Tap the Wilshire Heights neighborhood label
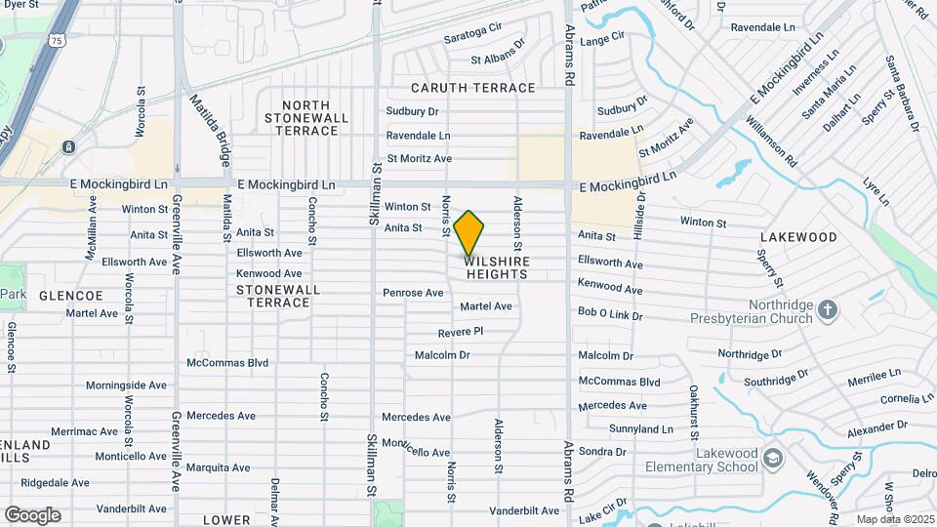(x=497, y=268)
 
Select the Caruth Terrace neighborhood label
(x=473, y=88)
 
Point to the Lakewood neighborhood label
(x=798, y=237)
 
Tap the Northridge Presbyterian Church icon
(x=827, y=310)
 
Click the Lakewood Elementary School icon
(x=772, y=458)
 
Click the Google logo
(x=32, y=514)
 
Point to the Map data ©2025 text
(x=893, y=519)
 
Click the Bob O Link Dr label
(x=610, y=314)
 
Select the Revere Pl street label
(x=461, y=333)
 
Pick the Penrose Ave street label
(x=413, y=293)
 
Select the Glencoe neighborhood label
(x=71, y=295)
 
